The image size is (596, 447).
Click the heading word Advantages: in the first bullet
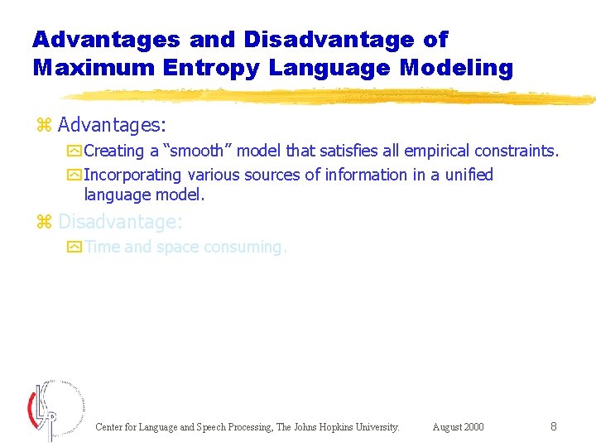pos(112,126)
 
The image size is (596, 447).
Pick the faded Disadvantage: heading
pos(120,222)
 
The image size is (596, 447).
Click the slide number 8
pos(553,426)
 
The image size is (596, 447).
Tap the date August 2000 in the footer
pos(458,427)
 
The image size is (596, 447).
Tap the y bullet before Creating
pos(75,151)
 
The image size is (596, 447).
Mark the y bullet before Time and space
pos(75,248)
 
